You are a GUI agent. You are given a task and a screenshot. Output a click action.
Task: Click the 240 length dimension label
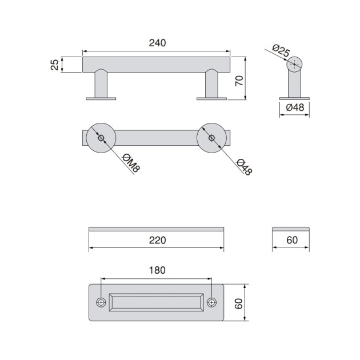click(x=157, y=43)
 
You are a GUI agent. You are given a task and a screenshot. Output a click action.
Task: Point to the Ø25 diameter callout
click(x=279, y=50)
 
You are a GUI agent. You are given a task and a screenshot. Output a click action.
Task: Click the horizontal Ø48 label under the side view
click(x=294, y=107)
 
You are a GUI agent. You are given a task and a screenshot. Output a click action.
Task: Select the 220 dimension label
click(x=157, y=241)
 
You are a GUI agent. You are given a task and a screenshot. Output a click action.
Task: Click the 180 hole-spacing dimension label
click(x=157, y=270)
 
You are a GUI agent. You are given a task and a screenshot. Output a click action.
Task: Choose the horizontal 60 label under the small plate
click(x=291, y=241)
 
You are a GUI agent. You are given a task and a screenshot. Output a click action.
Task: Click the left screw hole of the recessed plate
click(x=101, y=302)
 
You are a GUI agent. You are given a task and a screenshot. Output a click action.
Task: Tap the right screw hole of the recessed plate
click(x=211, y=302)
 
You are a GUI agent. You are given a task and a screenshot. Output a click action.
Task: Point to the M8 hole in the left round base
click(x=101, y=138)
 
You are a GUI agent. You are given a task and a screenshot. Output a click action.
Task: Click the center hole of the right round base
click(x=211, y=138)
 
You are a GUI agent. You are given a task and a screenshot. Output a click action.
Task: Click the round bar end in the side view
click(x=295, y=64)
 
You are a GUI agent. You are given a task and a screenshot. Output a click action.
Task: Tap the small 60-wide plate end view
click(x=291, y=229)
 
